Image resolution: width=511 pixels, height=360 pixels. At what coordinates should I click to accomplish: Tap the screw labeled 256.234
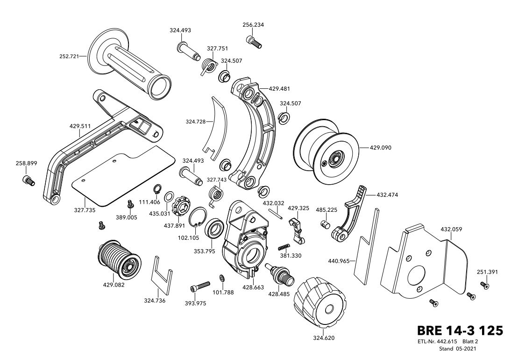pos(254,42)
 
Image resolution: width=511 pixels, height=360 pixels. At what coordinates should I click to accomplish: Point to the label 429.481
pos(279,89)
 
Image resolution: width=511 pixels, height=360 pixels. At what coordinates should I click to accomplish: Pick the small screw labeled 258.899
pos(28,180)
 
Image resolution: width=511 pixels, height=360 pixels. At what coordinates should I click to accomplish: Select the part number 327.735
pos(85,210)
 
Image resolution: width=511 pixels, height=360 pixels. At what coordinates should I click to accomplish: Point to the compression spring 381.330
pos(284,247)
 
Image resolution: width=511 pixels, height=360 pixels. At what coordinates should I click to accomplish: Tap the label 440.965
pos(339,261)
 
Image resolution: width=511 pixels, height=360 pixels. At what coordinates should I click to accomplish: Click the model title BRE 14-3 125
pos(460,331)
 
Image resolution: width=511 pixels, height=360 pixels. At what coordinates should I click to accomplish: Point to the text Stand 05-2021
pos(458,349)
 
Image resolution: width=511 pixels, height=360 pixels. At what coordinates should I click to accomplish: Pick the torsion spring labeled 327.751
pos(209,66)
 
